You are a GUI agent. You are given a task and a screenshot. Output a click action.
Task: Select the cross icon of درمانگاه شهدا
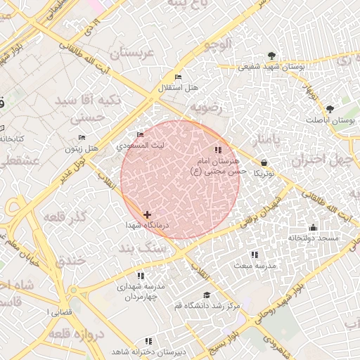click(x=147, y=214)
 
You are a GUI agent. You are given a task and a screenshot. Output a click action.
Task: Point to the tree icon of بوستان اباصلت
click(x=330, y=109)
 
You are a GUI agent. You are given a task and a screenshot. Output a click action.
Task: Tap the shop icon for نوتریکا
click(x=264, y=162)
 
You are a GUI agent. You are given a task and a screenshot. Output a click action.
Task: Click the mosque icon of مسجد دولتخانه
click(x=313, y=228)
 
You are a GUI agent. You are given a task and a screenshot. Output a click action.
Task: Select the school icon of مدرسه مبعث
click(x=254, y=254)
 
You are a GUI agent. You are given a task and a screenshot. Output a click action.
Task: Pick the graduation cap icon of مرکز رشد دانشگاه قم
click(x=206, y=295)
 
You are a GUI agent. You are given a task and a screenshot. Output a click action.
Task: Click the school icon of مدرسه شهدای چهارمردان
click(x=141, y=276)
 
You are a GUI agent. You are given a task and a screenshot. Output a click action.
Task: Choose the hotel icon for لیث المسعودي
click(x=141, y=134)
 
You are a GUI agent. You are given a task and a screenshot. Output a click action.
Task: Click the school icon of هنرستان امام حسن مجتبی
click(x=218, y=150)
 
